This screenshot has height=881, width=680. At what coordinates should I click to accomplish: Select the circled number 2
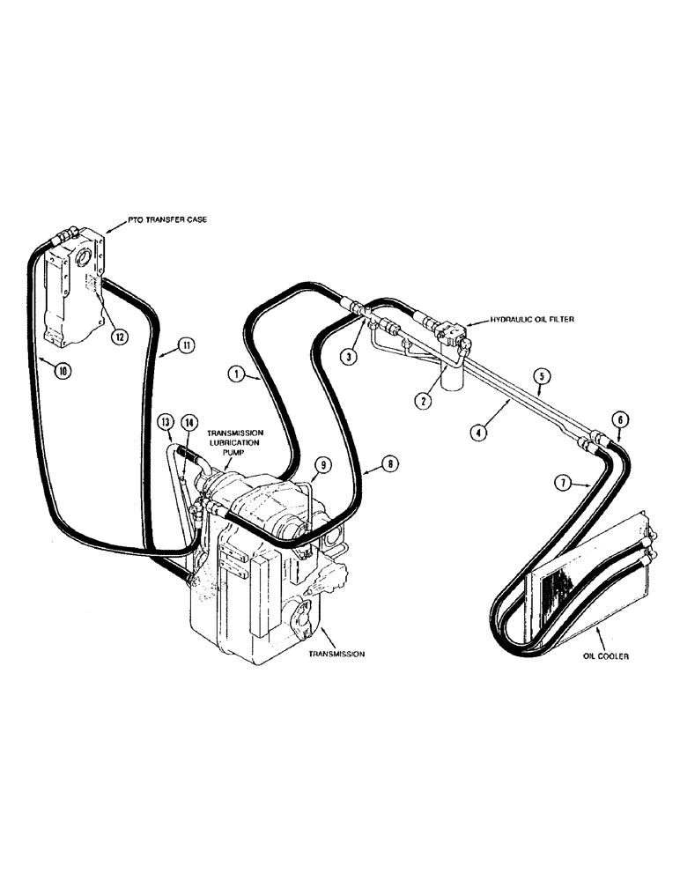coord(425,400)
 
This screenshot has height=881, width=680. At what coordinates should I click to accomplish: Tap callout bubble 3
coord(351,357)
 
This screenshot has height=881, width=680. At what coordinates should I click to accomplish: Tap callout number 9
coord(323,464)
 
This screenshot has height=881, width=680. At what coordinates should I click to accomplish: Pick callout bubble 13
coord(166,424)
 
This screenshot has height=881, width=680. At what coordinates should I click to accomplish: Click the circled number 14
coord(189,424)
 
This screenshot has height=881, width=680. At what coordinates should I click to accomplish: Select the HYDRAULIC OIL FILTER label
coord(525,322)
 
